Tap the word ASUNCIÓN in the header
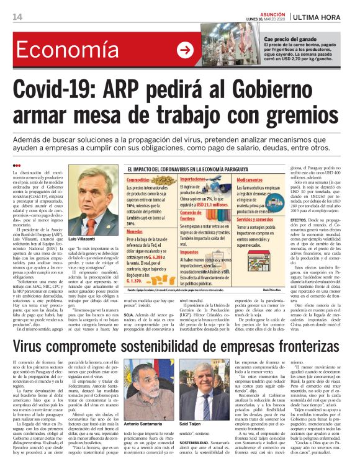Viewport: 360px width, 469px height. (x=254, y=12)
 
